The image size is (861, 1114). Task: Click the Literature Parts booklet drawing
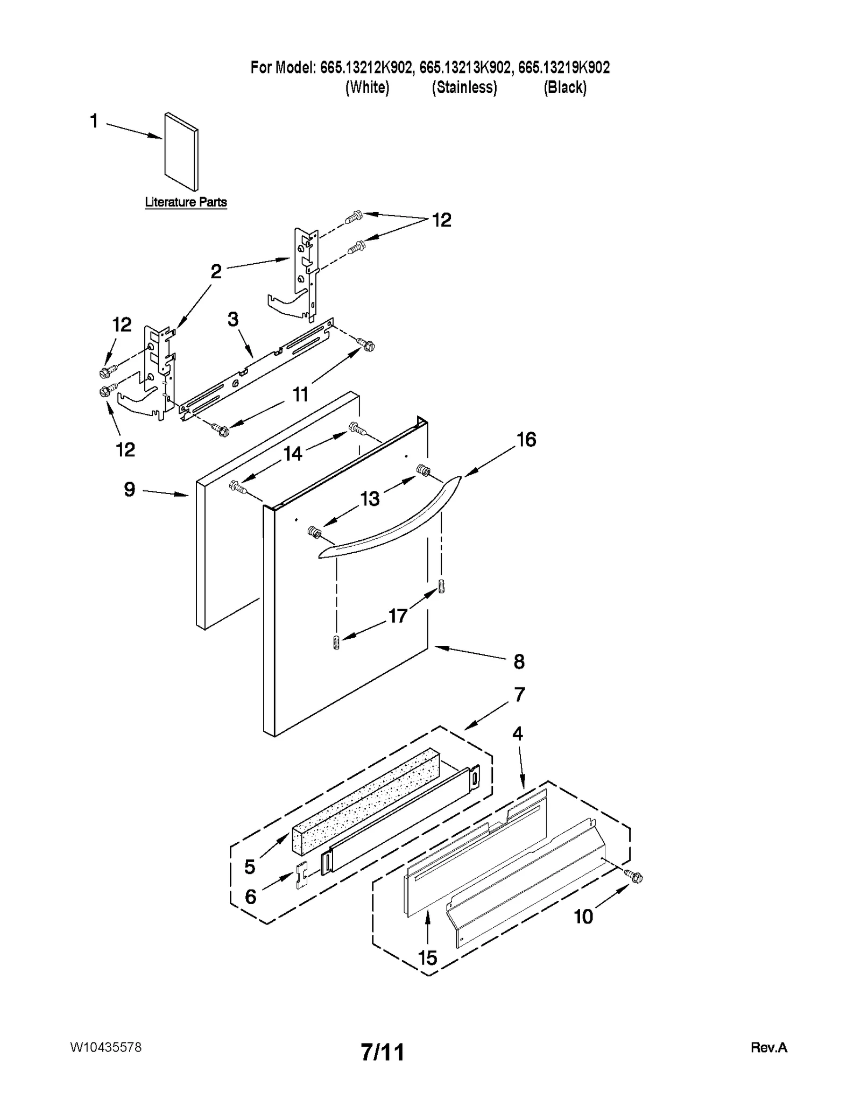181,152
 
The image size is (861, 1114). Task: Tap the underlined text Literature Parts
186,202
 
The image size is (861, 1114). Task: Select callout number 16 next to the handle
526,440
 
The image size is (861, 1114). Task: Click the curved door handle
390,519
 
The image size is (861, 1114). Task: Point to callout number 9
130,489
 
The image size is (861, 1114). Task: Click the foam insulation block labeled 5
366,802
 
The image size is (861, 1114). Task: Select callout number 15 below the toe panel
428,957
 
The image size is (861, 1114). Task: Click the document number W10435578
105,1047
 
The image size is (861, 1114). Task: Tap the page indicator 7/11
383,1052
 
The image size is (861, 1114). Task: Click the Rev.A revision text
768,1048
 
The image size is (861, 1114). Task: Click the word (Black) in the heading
564,87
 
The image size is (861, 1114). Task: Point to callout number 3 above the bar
232,319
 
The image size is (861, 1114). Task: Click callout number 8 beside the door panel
519,661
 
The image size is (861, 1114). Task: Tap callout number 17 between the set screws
398,615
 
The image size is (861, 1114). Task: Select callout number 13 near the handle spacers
370,498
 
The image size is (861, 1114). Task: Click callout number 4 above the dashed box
517,734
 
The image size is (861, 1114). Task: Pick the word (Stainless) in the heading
464,87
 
